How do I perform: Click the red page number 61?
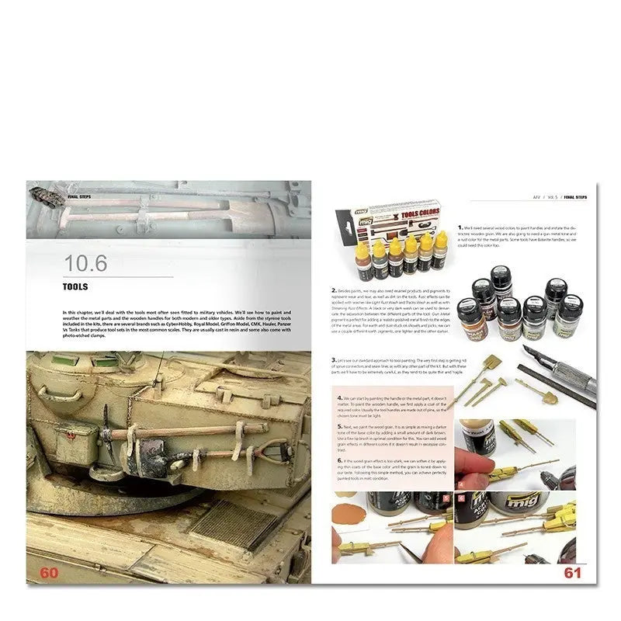tap(572, 574)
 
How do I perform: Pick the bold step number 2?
tap(333, 289)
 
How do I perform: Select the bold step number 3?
tap(333, 361)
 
